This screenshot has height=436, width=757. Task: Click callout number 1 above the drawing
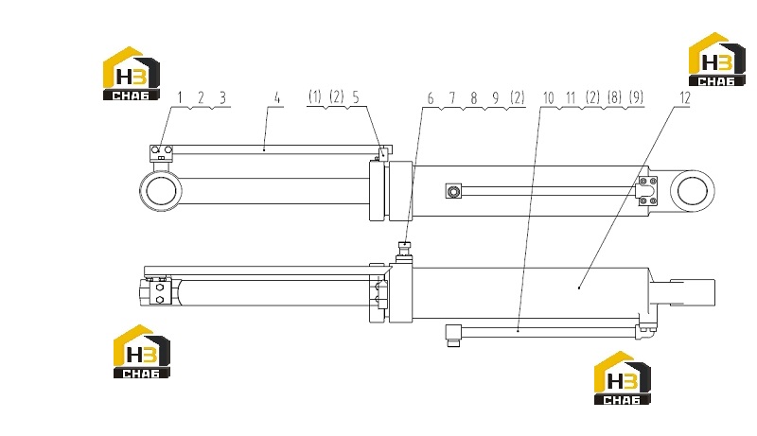tap(180, 97)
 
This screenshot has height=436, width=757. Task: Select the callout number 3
tap(222, 97)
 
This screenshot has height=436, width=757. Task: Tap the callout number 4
tap(277, 97)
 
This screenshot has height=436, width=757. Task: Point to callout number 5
tap(356, 97)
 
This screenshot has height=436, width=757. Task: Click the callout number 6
tap(431, 98)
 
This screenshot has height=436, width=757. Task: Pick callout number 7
tap(452, 98)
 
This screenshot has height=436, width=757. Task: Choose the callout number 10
tap(549, 98)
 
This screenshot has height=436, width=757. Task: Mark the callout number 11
tap(572, 98)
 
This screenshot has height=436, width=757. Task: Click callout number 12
tap(685, 98)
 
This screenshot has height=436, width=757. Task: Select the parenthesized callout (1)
tap(315, 97)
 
